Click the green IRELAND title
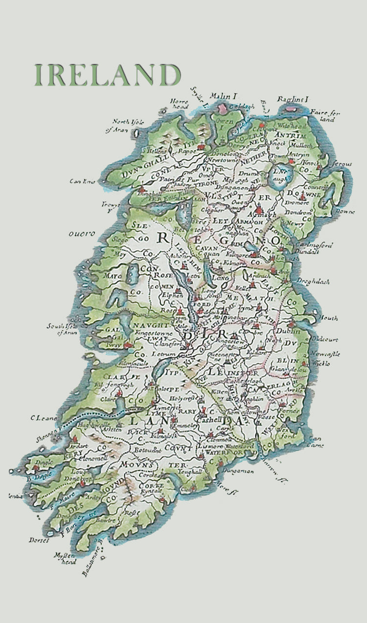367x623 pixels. (107, 75)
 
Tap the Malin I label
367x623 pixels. (223, 96)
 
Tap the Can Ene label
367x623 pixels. (81, 182)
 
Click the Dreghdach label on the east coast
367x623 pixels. (312, 281)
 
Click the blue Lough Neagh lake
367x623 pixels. (279, 172)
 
